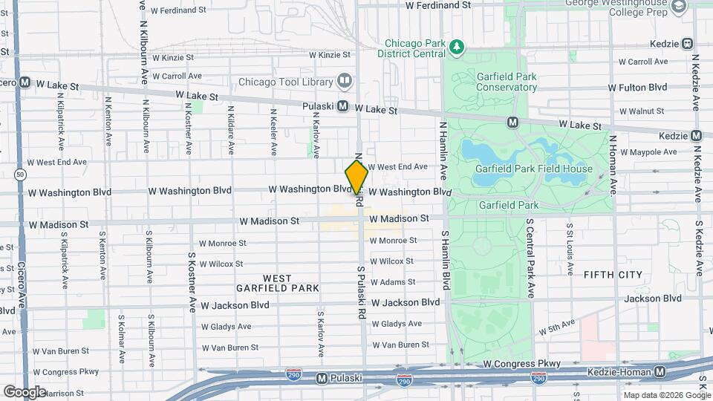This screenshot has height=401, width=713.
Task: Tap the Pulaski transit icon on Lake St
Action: tap(343, 106)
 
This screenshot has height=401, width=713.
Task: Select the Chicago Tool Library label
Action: tap(283, 81)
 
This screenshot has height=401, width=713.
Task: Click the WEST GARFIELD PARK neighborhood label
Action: tap(277, 282)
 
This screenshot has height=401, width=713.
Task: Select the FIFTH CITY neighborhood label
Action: tap(613, 275)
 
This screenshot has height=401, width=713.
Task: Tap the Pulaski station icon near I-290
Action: tap(322, 378)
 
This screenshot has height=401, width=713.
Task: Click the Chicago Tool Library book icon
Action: tap(344, 80)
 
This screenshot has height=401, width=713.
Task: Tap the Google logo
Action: tap(24, 391)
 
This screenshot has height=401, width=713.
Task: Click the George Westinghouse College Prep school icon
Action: tap(677, 7)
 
